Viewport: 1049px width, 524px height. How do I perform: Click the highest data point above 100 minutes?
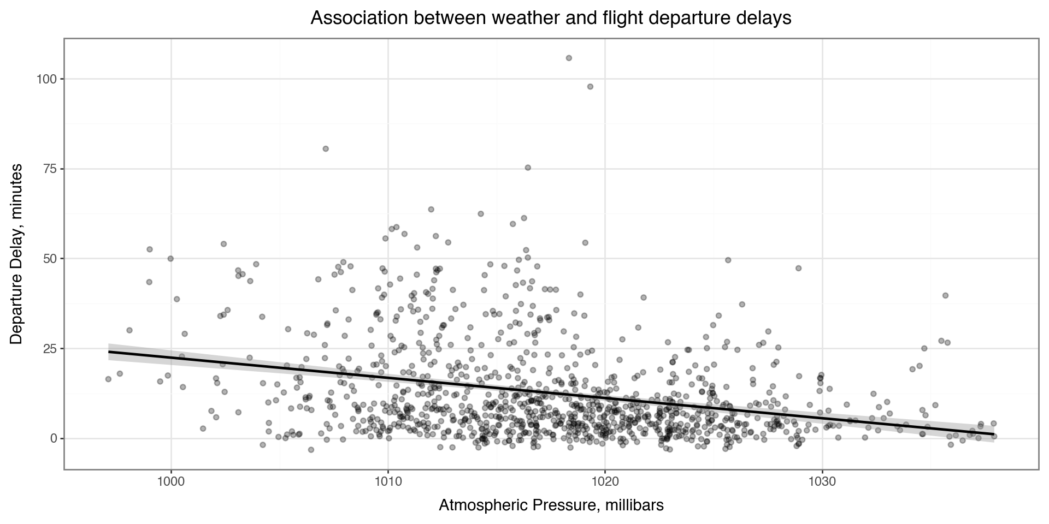coord(569,58)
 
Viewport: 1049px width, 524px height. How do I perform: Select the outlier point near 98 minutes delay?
coord(590,86)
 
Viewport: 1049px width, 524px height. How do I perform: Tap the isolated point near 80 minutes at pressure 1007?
coord(326,148)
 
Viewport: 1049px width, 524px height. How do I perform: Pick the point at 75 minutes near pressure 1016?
coord(528,168)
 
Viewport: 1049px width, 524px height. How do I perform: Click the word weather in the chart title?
coord(515,18)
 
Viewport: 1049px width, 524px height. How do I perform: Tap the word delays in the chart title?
coord(765,18)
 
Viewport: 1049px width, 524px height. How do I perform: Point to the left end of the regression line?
coord(109,352)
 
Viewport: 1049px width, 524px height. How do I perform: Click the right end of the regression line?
coord(994,434)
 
